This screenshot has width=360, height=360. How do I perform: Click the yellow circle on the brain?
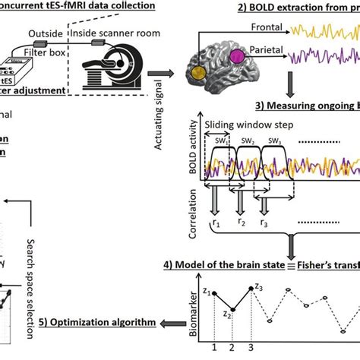(x=199, y=73)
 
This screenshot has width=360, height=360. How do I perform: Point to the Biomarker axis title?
(x=191, y=311)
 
